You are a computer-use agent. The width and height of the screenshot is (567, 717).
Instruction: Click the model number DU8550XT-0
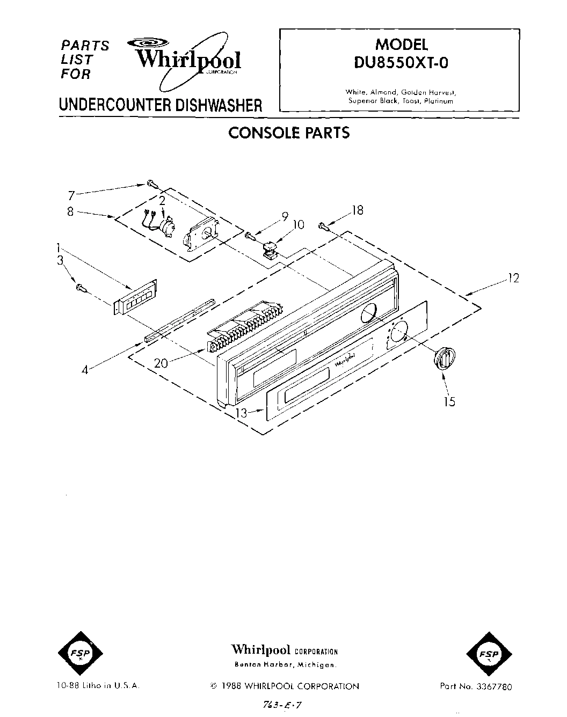[400, 63]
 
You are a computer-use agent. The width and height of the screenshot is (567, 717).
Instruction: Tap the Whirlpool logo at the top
[188, 60]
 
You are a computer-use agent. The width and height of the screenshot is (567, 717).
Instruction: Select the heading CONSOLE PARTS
[289, 133]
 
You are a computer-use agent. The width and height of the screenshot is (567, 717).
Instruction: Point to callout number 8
[70, 211]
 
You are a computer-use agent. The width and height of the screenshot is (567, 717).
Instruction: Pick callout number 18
[357, 210]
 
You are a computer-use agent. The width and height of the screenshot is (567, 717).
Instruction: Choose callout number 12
[513, 278]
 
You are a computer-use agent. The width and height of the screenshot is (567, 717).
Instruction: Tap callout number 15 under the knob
[449, 401]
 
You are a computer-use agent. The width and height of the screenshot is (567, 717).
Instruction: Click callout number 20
[161, 363]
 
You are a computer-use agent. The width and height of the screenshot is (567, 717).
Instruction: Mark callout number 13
[242, 412]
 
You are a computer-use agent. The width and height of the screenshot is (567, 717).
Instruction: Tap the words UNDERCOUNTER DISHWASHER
[161, 105]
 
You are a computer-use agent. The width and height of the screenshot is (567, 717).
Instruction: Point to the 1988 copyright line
[284, 686]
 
